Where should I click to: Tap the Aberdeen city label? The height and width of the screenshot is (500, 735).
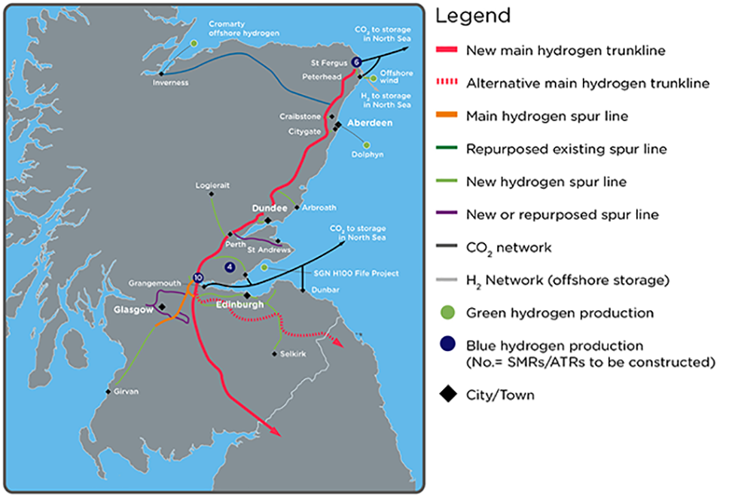click(369, 123)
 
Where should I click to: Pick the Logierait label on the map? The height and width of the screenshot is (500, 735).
click(211, 184)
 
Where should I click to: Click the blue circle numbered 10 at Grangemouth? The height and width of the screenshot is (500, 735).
click(197, 278)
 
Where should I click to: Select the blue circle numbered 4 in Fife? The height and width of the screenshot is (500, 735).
click(230, 267)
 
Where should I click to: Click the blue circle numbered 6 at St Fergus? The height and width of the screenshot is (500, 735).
click(356, 62)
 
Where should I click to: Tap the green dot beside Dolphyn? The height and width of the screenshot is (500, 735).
click(367, 145)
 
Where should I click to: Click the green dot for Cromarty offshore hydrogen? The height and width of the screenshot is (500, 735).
click(194, 44)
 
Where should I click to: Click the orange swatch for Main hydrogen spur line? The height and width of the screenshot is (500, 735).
click(449, 116)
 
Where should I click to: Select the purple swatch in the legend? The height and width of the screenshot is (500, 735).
click(449, 215)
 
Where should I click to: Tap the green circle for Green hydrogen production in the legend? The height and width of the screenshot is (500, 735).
click(449, 312)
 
